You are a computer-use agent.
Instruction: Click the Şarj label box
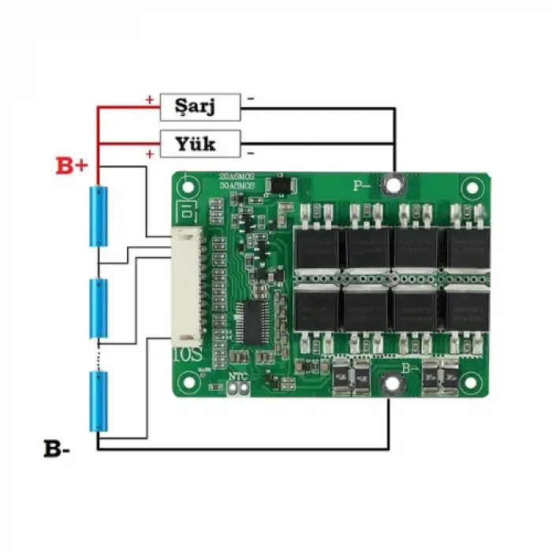[200, 106]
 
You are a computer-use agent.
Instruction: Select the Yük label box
[200, 144]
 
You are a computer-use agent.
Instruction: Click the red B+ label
[72, 166]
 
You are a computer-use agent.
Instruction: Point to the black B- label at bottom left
[57, 450]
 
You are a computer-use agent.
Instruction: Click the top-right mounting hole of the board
[472, 189]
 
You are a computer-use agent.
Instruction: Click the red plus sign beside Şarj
[149, 100]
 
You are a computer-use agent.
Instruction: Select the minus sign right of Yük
[250, 151]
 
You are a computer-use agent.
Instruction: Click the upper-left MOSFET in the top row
[318, 247]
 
